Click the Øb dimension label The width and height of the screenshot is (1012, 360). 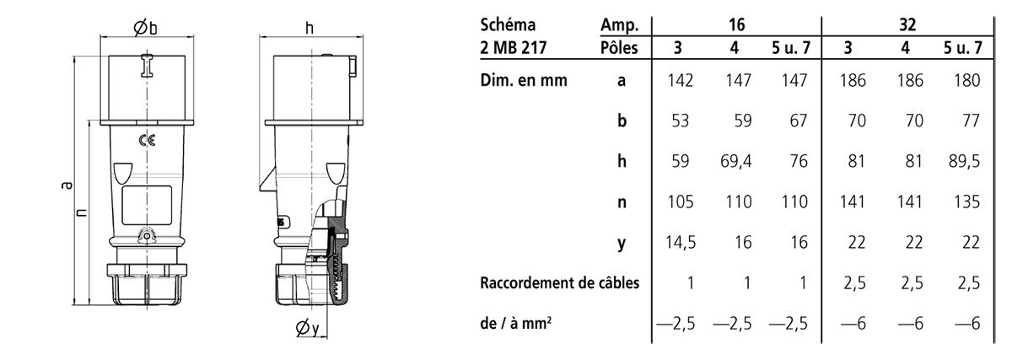click(x=145, y=28)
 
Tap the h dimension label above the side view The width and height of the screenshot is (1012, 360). click(x=309, y=28)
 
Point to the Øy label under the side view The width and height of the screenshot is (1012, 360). click(x=307, y=327)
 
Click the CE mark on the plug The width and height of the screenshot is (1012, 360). click(x=148, y=141)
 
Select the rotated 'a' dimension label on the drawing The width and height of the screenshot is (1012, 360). click(x=67, y=185)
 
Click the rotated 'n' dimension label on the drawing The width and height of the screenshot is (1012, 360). click(x=81, y=212)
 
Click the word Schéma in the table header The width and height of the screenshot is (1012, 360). click(x=508, y=24)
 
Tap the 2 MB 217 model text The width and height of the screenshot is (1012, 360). click(x=514, y=47)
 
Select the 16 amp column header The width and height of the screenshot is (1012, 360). click(x=736, y=24)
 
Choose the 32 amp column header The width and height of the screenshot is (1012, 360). click(x=907, y=24)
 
